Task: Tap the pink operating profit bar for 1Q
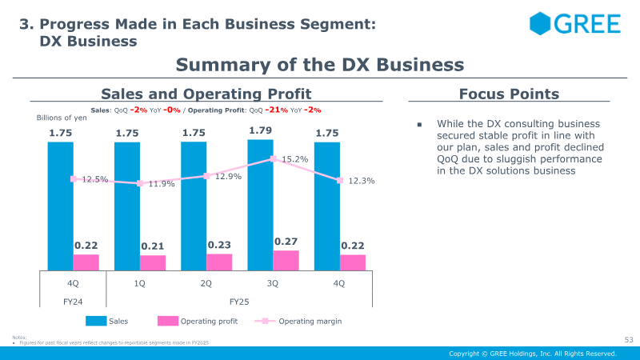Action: pyautogui.click(x=153, y=262)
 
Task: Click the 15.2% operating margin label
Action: pyautogui.click(x=295, y=159)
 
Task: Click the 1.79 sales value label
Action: pyautogui.click(x=261, y=130)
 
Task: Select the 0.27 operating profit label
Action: pyautogui.click(x=286, y=241)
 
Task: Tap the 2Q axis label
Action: pyautogui.click(x=206, y=283)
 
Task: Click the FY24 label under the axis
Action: pyautogui.click(x=73, y=302)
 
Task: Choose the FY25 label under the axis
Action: pyautogui.click(x=240, y=302)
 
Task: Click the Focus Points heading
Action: pyautogui.click(x=509, y=94)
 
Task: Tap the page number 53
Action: pyautogui.click(x=628, y=340)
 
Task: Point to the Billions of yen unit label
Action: pyautogui.click(x=62, y=118)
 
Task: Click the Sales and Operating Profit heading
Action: pyautogui.click(x=206, y=94)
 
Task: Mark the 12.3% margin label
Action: pyautogui.click(x=362, y=182)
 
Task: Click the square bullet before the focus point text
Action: pyautogui.click(x=418, y=124)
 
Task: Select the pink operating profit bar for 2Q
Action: pyautogui.click(x=219, y=262)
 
